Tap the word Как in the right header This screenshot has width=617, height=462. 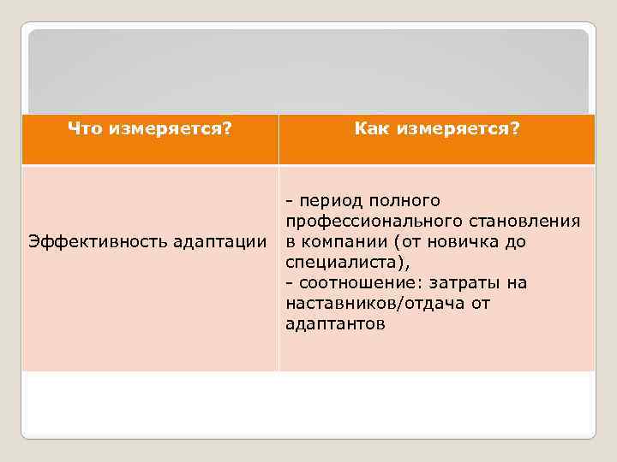(372, 128)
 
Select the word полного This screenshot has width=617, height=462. (405, 201)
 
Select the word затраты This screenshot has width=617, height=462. (459, 283)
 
